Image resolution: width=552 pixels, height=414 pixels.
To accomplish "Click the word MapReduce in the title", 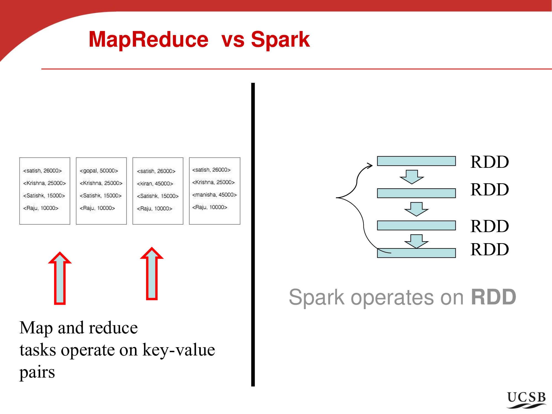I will click(x=148, y=39).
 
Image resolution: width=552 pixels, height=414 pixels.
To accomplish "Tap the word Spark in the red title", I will click(x=280, y=39).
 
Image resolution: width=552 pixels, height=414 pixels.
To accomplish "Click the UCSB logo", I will click(x=526, y=399).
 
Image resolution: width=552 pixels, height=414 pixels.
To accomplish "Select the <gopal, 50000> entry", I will click(x=99, y=171).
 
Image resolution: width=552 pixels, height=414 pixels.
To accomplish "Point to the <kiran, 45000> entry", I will click(x=155, y=184).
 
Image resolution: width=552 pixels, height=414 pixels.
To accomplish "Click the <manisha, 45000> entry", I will click(x=214, y=195).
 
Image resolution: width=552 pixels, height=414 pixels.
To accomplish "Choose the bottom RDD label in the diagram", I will click(x=489, y=250).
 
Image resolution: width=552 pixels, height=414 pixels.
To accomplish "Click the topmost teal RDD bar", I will click(x=416, y=161).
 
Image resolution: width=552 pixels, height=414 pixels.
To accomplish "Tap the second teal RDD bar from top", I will click(x=416, y=193).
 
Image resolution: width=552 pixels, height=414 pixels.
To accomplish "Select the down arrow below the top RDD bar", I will click(x=412, y=177).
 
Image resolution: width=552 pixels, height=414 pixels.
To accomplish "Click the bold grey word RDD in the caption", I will click(x=493, y=297).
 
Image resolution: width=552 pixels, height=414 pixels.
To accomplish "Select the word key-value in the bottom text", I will click(x=179, y=350).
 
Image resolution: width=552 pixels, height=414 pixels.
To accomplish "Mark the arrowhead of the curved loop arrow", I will click(x=370, y=165).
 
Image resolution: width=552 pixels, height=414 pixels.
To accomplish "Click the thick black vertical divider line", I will click(x=253, y=235).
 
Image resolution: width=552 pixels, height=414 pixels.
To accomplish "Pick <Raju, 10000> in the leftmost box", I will click(x=41, y=208).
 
